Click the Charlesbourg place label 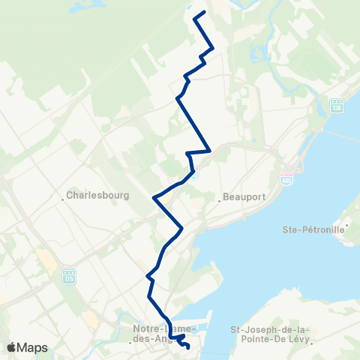click(98, 195)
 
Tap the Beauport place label click(241, 200)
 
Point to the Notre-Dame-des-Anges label click(163, 334)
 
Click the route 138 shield click(335, 106)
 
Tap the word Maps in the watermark click(34, 347)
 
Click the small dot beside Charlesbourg click(63, 199)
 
